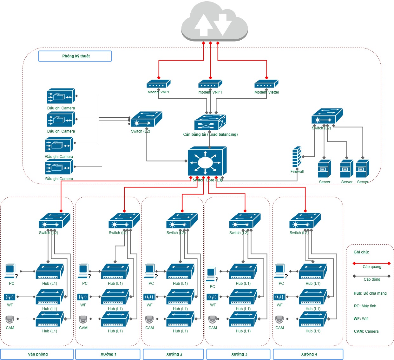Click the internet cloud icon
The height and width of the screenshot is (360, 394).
(x=214, y=22)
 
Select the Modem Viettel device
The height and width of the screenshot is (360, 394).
(x=266, y=84)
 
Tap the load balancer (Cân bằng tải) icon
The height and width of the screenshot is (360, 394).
(x=210, y=122)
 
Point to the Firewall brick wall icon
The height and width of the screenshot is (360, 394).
(x=297, y=157)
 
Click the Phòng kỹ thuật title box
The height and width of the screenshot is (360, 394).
(x=75, y=56)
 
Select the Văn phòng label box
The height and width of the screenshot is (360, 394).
(x=37, y=354)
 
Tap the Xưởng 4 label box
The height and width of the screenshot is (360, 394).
(x=308, y=354)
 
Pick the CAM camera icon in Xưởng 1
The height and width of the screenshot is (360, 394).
(x=83, y=319)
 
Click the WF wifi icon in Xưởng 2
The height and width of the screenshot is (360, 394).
(x=149, y=297)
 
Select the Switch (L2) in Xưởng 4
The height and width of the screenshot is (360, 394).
(x=305, y=221)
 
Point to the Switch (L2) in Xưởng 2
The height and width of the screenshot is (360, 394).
(x=182, y=221)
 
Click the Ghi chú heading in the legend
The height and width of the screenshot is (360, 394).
(x=361, y=252)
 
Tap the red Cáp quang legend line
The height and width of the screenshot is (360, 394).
(x=371, y=263)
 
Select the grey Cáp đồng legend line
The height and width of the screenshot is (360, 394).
(x=371, y=276)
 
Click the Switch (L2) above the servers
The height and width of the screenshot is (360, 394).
(x=327, y=116)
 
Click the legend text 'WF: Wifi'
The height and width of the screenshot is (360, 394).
(x=361, y=319)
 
